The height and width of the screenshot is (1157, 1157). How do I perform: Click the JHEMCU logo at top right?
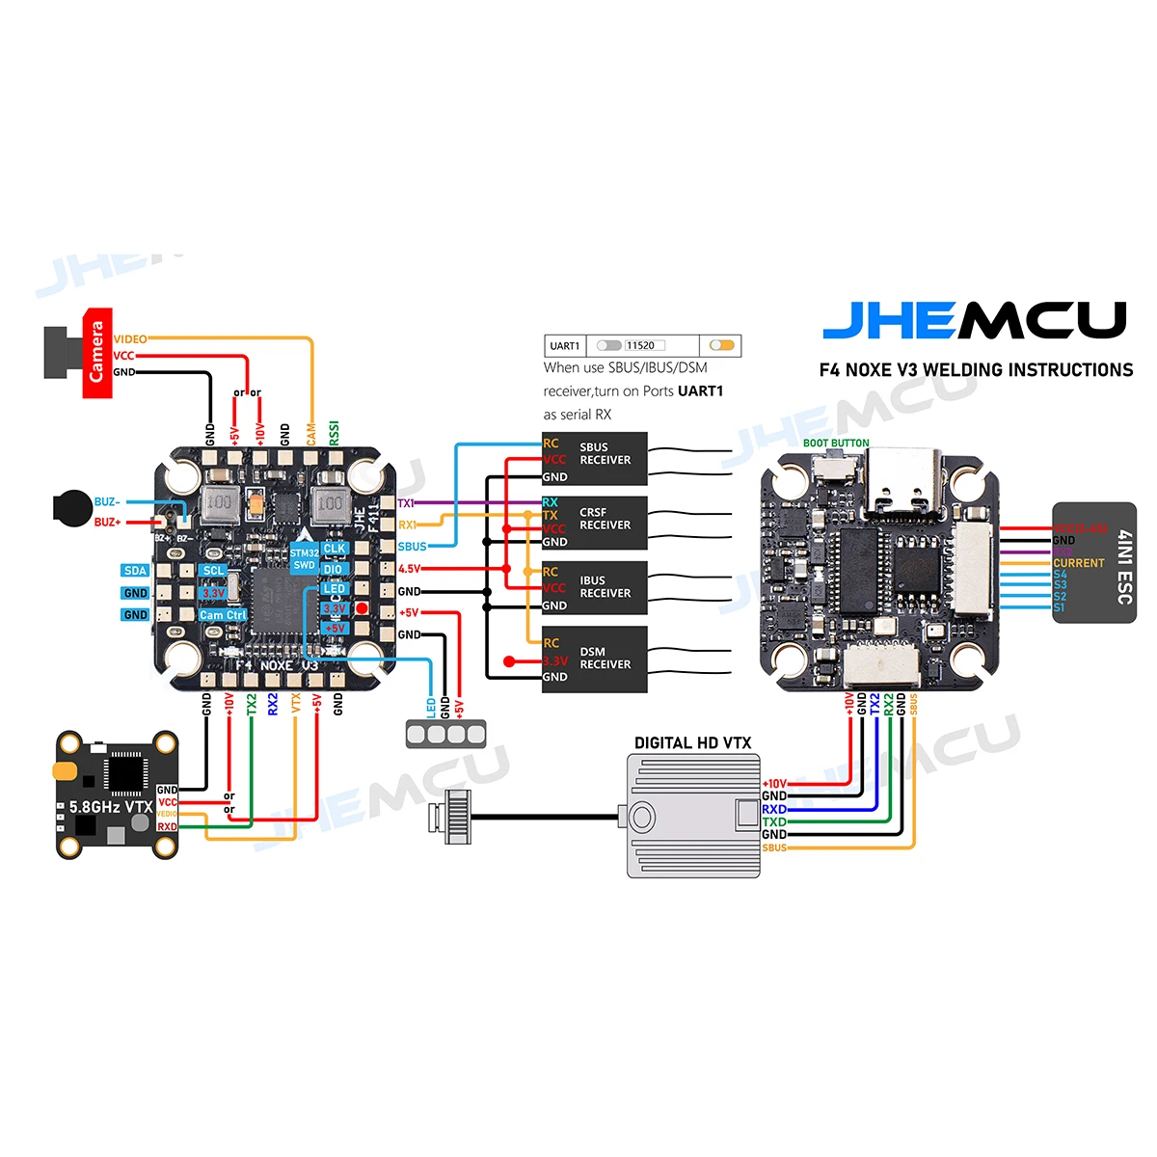point(974,320)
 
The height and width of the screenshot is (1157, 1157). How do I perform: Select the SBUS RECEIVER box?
point(594,458)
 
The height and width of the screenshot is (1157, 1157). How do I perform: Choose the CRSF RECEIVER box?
point(594,522)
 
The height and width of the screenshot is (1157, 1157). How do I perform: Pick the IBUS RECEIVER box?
point(594,587)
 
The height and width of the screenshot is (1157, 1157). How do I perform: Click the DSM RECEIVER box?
point(594,659)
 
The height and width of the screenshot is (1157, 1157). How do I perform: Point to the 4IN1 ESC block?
point(1093,563)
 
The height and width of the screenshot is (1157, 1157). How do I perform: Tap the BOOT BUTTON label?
point(836,444)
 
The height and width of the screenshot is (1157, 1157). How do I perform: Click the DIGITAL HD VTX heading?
point(692,742)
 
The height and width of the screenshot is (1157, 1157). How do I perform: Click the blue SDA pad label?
point(136,571)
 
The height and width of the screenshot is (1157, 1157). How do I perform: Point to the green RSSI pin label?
point(335,432)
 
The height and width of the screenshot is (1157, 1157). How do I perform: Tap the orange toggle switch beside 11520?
point(721,345)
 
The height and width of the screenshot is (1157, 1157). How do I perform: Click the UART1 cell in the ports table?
point(565,345)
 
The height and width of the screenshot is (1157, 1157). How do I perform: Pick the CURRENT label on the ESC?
point(1078,563)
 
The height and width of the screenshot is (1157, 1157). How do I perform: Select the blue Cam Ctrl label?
point(223,615)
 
